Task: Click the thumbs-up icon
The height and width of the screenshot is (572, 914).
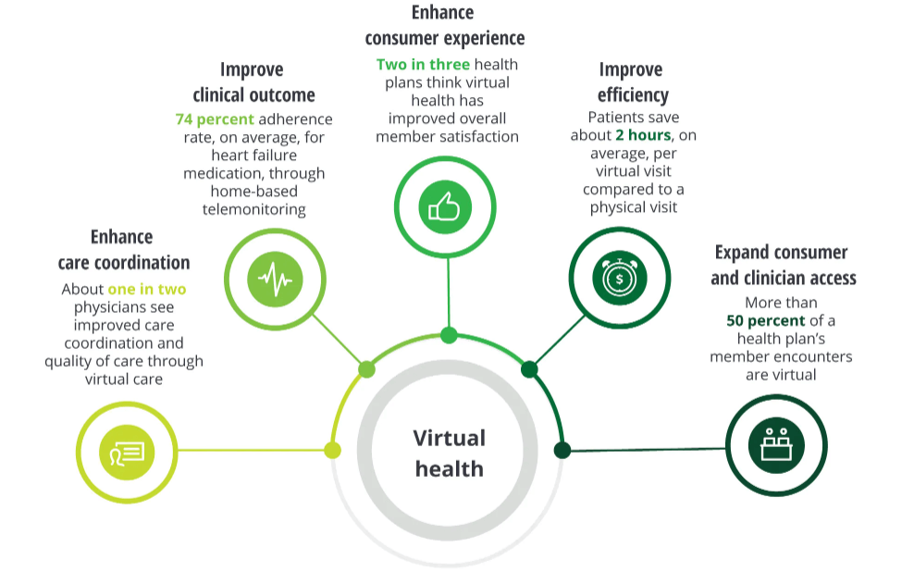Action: tap(445, 207)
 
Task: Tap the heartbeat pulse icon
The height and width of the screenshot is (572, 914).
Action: tap(275, 280)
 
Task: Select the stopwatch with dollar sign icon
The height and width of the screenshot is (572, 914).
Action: tap(620, 278)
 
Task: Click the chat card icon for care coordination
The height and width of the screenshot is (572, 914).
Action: tap(127, 453)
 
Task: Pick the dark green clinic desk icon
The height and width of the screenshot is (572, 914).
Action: tap(776, 445)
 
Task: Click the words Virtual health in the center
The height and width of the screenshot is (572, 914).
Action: tap(450, 453)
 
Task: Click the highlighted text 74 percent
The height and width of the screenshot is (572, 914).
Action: tap(215, 119)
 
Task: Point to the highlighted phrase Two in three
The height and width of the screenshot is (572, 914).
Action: tap(423, 64)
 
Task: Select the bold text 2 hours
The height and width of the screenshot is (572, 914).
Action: tap(643, 135)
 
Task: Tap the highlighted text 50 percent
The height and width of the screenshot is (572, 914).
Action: tap(765, 320)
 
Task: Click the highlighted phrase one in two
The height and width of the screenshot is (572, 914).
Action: tap(147, 289)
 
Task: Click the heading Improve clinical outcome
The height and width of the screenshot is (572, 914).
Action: tap(253, 81)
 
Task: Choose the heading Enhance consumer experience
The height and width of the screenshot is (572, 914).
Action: tap(445, 25)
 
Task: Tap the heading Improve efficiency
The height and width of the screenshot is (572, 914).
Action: tap(633, 81)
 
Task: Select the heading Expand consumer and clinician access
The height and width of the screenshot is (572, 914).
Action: tap(783, 265)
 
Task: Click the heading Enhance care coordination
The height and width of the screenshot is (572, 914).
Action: tap(124, 250)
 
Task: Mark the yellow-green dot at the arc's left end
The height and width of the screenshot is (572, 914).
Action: tap(332, 450)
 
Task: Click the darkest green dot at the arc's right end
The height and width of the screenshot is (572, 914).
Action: tap(562, 450)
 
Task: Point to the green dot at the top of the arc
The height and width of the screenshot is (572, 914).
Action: tap(449, 335)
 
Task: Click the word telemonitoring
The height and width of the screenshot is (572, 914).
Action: tap(253, 209)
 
